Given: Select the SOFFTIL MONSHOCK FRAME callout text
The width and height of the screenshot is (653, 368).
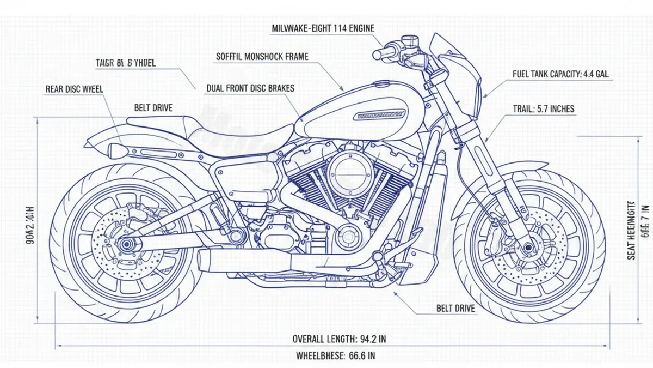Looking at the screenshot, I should click(262, 56).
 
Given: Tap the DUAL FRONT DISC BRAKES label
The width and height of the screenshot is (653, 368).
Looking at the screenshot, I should click(250, 88).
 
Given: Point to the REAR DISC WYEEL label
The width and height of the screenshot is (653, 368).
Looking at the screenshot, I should click(75, 89).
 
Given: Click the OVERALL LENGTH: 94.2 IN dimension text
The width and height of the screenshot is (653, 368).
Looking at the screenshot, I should click(339, 339).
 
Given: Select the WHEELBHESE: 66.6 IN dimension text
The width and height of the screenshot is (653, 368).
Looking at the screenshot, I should click(335, 356).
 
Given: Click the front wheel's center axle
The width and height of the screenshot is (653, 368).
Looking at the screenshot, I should click(528, 248).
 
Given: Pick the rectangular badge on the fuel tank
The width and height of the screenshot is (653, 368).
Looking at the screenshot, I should click(379, 115).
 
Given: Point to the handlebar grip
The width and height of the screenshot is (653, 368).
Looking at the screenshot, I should click(385, 53).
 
